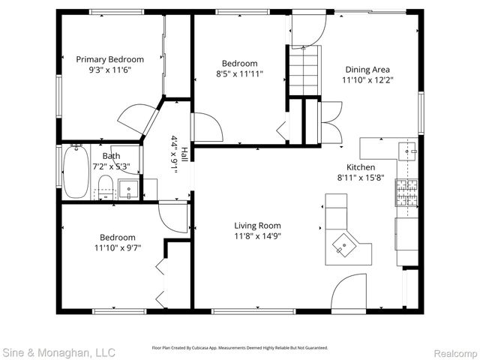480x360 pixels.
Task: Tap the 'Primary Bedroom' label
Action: pyautogui.click(x=110, y=58)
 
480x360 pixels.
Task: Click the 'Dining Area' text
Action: pyautogui.click(x=367, y=67)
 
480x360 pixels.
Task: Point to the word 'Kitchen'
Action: pyautogui.click(x=360, y=167)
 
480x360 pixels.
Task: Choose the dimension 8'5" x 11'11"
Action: pyautogui.click(x=239, y=75)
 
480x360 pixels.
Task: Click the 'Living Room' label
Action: pyautogui.click(x=257, y=225)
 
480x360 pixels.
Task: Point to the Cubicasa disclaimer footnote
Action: pyautogui.click(x=240, y=348)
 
